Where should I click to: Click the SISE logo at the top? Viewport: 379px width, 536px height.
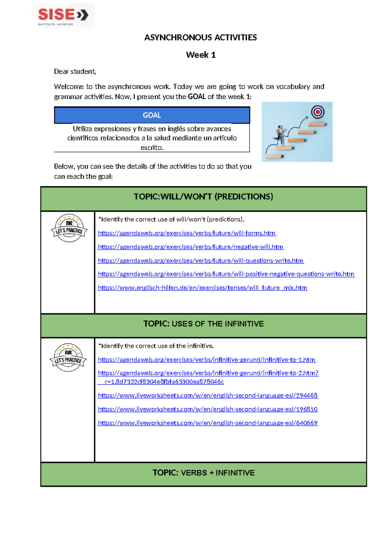[63, 16]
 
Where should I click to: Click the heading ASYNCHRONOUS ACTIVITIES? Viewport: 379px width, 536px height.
[200, 38]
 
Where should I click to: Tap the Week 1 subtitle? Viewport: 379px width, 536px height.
[201, 55]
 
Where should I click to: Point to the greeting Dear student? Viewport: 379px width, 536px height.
[75, 71]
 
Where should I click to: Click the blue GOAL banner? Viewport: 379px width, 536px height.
[152, 115]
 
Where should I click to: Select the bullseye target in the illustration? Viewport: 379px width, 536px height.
[318, 112]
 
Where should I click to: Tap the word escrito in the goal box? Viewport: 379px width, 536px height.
[152, 148]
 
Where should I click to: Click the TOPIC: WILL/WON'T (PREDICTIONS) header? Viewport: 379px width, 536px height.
[203, 197]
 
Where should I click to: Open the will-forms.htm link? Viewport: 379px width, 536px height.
[187, 233]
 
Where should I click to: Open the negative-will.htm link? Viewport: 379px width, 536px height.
[190, 247]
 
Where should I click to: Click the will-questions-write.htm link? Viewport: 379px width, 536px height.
[201, 261]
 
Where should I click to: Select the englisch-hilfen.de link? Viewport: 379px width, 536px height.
[202, 288]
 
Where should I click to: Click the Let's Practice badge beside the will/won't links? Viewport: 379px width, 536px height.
[69, 228]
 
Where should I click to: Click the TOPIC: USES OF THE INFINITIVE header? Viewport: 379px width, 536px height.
[203, 324]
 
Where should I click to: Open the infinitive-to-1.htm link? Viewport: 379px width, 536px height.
[207, 360]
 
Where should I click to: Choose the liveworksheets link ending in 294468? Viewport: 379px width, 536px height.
[208, 395]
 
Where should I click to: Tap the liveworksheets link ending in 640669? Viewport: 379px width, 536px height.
[208, 423]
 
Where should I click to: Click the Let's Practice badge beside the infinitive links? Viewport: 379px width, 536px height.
[68, 357]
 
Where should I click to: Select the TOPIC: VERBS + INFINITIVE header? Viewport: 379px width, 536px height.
[203, 473]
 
